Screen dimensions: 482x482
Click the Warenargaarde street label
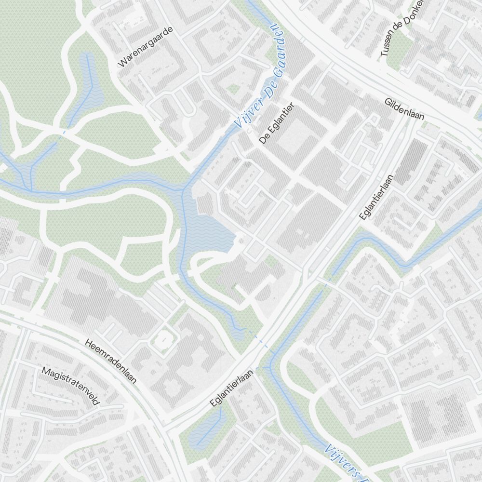145,46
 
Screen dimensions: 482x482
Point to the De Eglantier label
277,123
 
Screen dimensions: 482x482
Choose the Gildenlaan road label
404,110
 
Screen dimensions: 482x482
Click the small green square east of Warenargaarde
234,89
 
